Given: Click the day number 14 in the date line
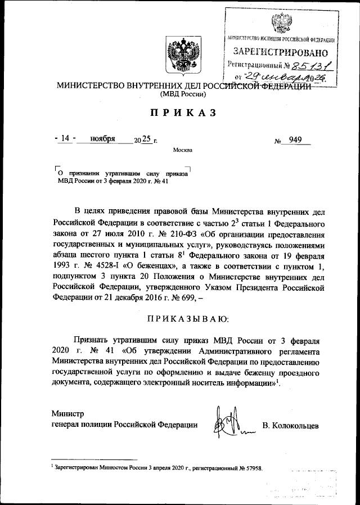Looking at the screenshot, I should [x=67, y=139].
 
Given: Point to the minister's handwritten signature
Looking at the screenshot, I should [x=227, y=422].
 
